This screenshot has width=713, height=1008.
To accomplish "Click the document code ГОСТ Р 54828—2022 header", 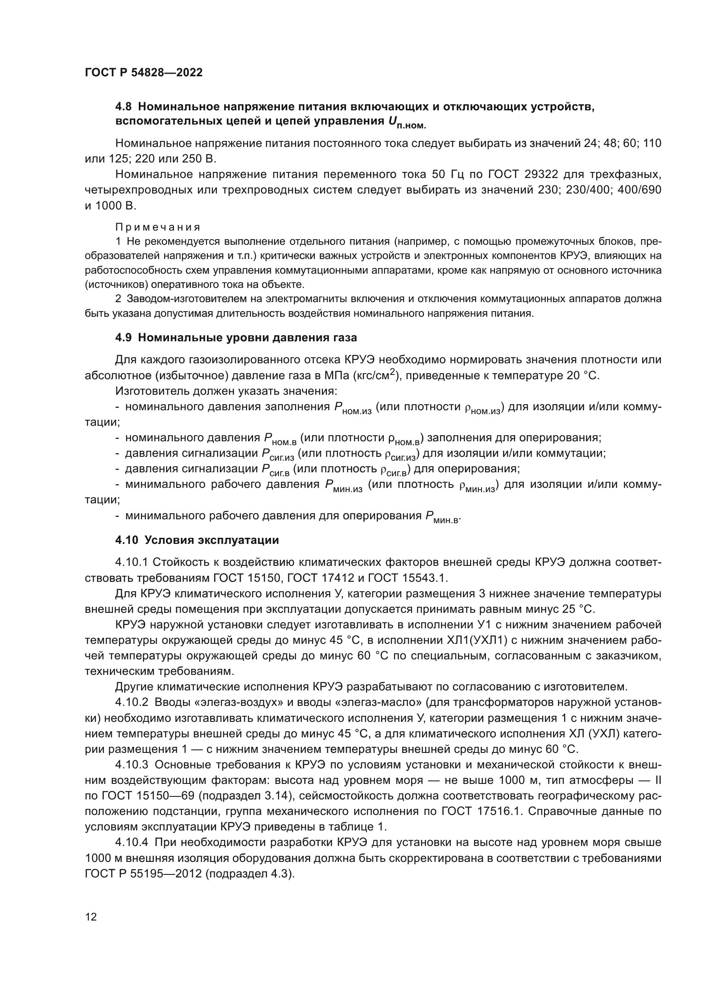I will [x=144, y=73].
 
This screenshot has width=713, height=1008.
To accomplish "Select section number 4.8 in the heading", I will [x=123, y=107].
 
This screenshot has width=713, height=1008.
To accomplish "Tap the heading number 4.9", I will [x=123, y=337].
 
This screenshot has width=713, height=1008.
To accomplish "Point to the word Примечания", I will [x=158, y=227].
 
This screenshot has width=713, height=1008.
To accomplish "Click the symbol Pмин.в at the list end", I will [x=443, y=517].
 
